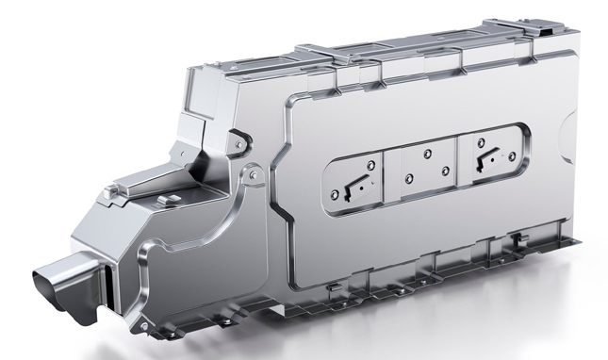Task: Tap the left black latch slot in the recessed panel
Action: (x=353, y=183)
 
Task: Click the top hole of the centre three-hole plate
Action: (x=427, y=152)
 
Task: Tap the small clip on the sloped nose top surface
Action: (x=173, y=200)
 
